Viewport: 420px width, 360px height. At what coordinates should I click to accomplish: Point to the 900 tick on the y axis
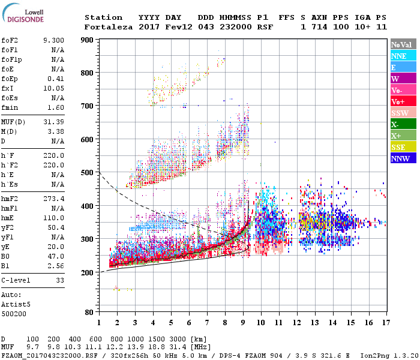pos(87,40)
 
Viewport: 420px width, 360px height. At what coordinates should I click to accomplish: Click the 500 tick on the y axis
pos(87,173)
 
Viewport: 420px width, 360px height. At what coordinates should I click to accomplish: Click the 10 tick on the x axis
pos(261,322)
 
